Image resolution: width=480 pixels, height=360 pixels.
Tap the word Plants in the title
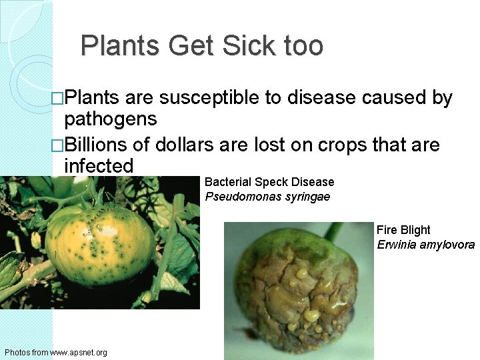point(121,46)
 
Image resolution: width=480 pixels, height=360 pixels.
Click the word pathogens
point(111,120)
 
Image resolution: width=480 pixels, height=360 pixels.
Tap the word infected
point(99,166)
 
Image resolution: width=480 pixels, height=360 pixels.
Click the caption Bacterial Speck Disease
point(269,182)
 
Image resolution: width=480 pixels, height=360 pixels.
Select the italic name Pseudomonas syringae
point(267,197)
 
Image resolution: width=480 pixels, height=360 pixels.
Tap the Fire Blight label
point(403,230)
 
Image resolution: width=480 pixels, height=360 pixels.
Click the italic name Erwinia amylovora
point(425,245)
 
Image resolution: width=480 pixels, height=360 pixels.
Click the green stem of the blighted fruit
point(333,231)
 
